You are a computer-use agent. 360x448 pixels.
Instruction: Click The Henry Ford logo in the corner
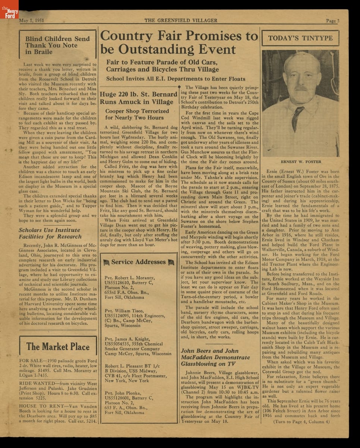(9, 13)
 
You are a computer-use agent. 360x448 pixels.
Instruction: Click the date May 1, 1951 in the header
(32, 21)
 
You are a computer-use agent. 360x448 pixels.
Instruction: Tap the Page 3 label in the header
(332, 21)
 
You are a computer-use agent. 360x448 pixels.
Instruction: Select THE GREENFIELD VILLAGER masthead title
(181, 21)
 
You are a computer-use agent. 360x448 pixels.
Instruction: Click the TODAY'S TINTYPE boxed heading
(300, 38)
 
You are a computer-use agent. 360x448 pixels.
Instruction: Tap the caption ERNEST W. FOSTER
(300, 162)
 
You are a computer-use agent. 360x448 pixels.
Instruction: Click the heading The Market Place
(58, 346)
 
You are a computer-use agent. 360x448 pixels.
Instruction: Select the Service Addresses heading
(138, 262)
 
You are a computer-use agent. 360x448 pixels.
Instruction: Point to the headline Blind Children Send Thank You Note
(57, 45)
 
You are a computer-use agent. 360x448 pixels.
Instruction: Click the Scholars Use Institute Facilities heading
(50, 233)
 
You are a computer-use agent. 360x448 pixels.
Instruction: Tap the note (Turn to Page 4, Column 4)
(301, 421)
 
